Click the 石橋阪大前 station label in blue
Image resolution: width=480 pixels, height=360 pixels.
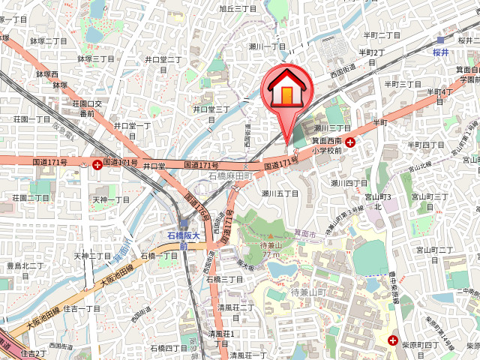(183, 240)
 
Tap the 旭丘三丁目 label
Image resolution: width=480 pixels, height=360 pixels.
(237, 9)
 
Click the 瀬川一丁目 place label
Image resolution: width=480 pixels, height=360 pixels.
(268, 46)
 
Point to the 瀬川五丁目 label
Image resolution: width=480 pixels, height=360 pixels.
(280, 193)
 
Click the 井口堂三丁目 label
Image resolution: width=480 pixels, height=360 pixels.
(211, 109)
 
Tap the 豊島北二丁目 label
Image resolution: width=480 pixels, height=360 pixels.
(25, 265)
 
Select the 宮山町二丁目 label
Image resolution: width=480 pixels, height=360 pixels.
(434, 250)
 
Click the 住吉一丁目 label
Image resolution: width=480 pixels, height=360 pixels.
(82, 308)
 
